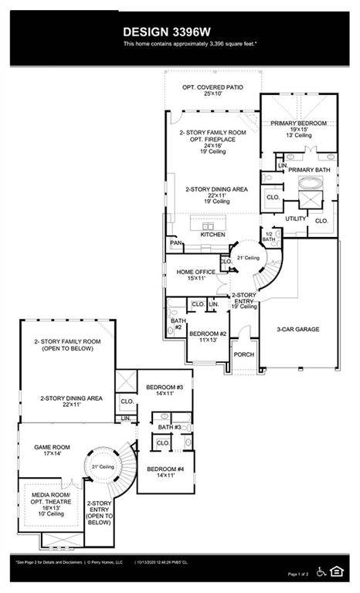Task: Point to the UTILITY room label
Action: [x=296, y=219]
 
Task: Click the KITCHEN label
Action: [x=212, y=234]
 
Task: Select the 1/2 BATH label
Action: [x=269, y=237]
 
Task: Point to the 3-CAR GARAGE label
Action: [x=299, y=329]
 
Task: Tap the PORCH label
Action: [x=244, y=355]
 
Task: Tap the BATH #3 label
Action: [x=169, y=427]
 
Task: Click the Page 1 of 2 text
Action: [x=302, y=574]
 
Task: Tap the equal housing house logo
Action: [x=337, y=571]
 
